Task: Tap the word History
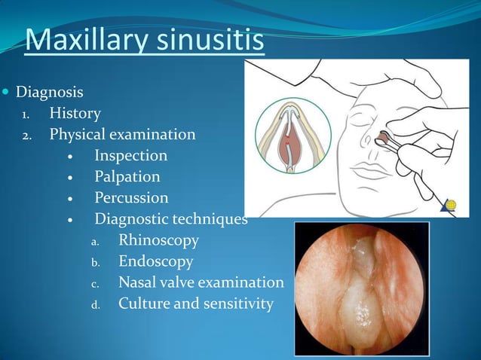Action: (75, 114)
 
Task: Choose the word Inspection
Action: (130, 156)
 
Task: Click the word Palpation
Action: (127, 177)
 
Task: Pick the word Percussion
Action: (131, 198)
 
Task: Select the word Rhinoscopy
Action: (158, 241)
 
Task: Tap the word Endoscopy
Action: (155, 262)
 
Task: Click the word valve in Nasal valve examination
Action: (181, 282)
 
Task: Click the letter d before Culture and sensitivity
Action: (95, 305)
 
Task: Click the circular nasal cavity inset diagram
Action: (293, 136)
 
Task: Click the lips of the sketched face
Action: (369, 170)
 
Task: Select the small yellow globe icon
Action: (451, 204)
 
